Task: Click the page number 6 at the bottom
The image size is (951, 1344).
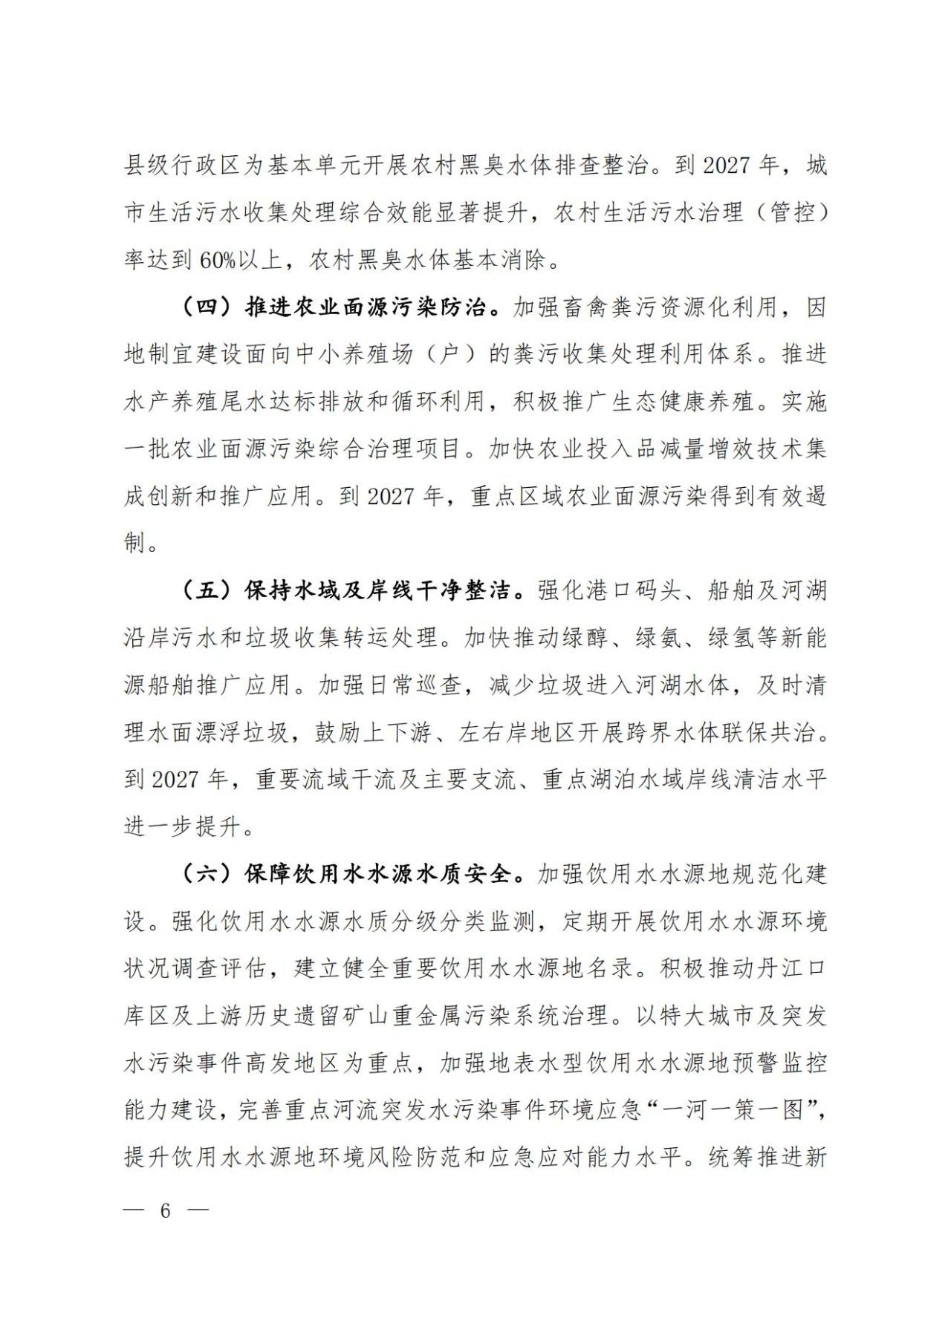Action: (165, 1210)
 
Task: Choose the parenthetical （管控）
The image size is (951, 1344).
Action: (791, 213)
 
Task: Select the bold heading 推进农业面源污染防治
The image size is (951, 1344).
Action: (366, 307)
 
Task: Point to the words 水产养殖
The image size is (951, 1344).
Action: (172, 402)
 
